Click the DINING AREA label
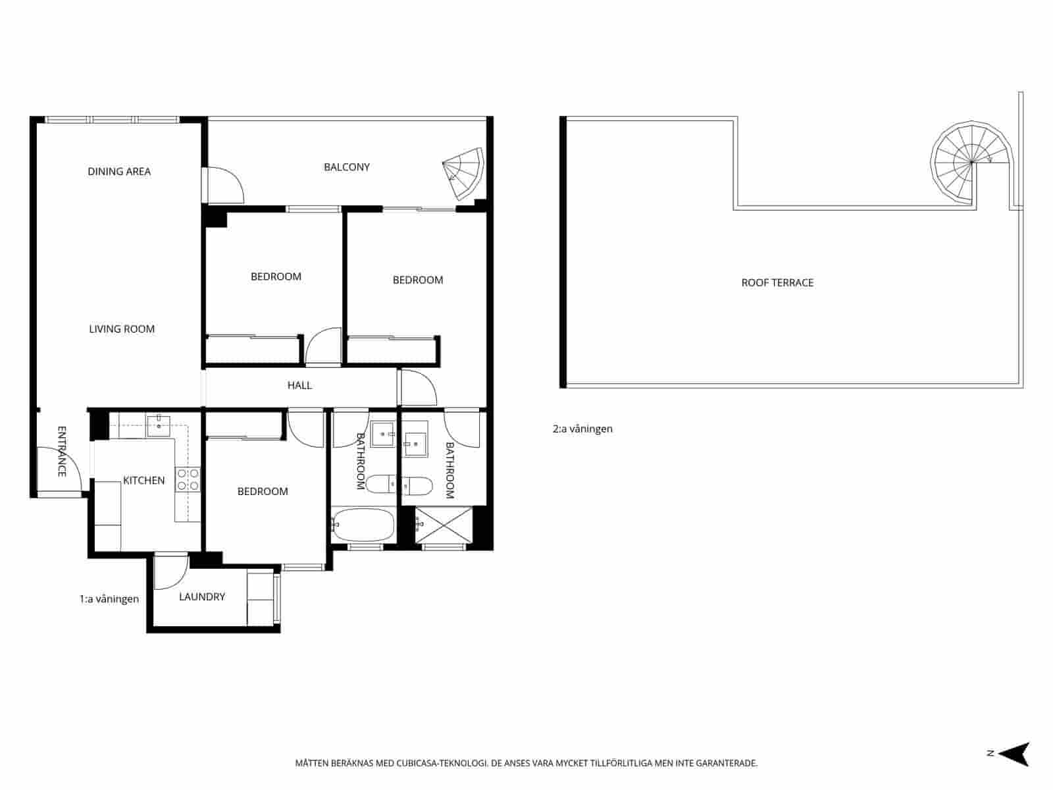point(119,171)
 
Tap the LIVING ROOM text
point(122,329)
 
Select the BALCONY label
point(347,167)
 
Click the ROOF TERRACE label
point(777,282)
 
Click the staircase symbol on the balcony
point(465,174)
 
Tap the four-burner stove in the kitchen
point(188,479)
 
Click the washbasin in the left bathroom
point(382,434)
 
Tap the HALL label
point(299,385)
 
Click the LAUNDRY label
point(202,596)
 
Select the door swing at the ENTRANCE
point(58,469)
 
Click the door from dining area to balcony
point(224,186)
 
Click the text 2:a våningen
point(582,429)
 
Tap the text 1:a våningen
point(109,599)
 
